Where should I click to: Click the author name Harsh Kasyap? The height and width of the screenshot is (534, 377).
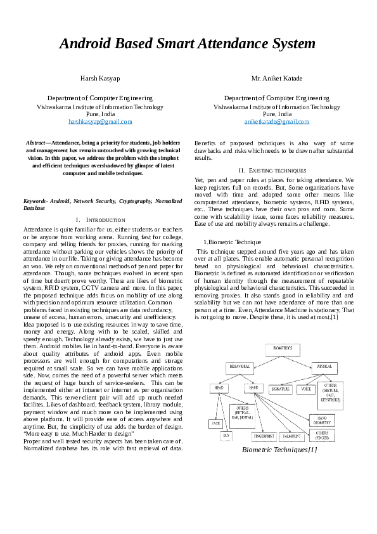(100, 78)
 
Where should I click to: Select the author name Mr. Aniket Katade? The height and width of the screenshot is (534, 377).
(277, 78)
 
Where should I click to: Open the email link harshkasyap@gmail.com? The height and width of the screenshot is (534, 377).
(100, 120)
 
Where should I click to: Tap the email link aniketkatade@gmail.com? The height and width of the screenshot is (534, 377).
(276, 120)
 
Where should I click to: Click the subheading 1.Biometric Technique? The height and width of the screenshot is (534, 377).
(227, 242)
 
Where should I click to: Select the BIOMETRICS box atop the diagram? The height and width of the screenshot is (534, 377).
(283, 349)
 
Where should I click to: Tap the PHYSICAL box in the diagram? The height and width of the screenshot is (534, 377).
(324, 367)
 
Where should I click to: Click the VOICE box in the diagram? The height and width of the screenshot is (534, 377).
(307, 387)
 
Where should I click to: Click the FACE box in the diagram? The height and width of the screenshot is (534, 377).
(216, 422)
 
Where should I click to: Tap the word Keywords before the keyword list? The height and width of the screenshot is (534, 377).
(35, 200)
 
